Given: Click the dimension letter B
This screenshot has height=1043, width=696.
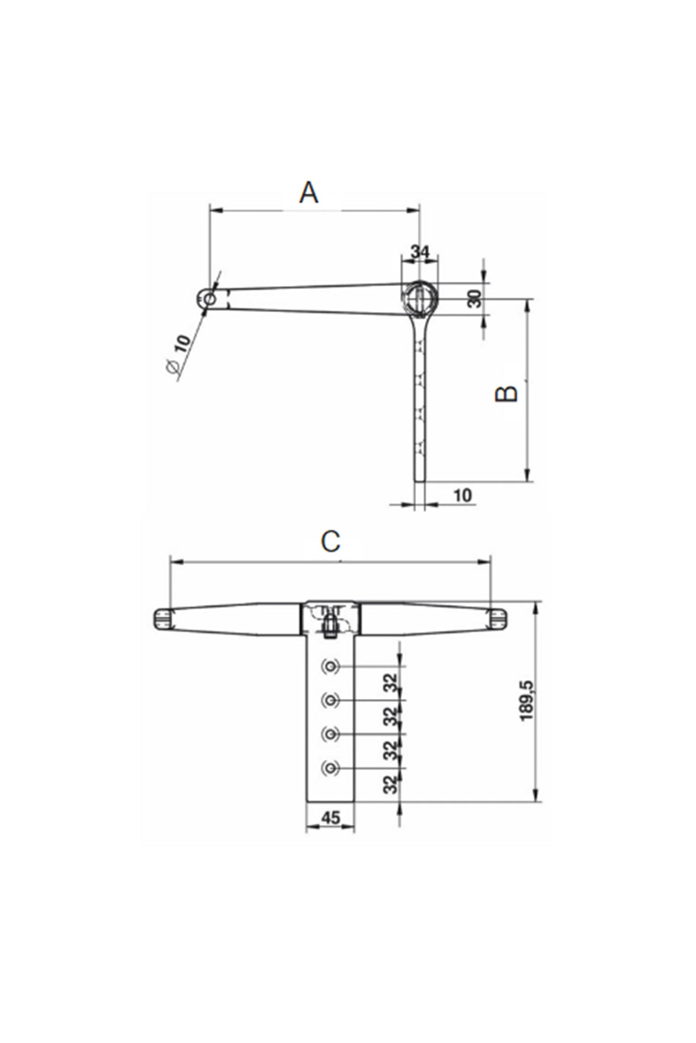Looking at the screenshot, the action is click(x=507, y=393).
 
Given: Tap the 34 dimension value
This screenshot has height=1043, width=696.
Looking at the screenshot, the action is click(x=420, y=252).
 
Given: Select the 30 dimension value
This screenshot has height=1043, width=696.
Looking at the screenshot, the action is click(x=475, y=299).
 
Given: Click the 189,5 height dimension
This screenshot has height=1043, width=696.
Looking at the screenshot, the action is click(x=527, y=701).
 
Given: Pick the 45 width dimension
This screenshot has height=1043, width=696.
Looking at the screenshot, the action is click(x=330, y=818).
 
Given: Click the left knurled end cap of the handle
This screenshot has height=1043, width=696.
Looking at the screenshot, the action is click(x=163, y=618).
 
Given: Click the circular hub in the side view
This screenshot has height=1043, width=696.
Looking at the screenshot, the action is click(x=420, y=298).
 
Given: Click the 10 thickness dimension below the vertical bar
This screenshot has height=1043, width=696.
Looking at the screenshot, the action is click(x=462, y=495).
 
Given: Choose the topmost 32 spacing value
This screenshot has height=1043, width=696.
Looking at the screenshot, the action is click(x=393, y=683).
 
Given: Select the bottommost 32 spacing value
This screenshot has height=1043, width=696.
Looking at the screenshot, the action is click(x=393, y=784).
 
